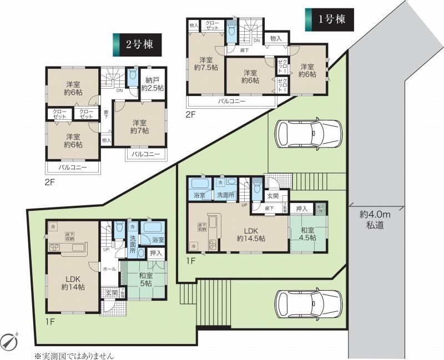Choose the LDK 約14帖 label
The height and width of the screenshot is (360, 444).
(x=73, y=282)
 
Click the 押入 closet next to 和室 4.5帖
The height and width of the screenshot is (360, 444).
(x=301, y=209)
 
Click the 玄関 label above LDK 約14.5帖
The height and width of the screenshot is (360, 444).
(x=273, y=195)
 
